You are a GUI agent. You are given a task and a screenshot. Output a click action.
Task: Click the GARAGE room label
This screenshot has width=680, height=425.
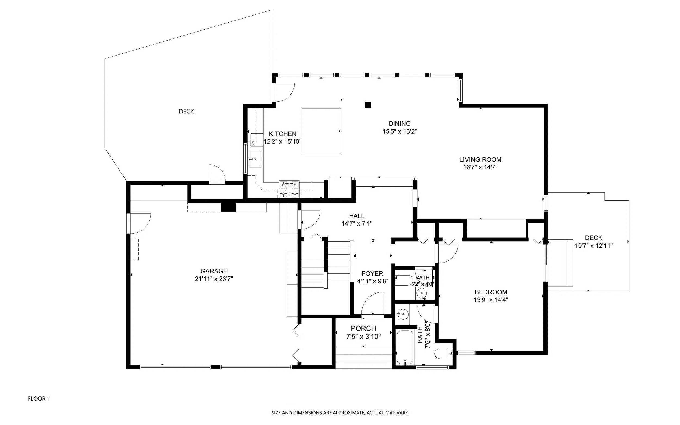pos(214,271)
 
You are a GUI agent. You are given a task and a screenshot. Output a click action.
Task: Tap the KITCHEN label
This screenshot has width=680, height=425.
pos(282,134)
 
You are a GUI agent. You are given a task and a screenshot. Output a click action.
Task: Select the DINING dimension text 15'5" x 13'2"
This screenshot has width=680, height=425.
pos(400,131)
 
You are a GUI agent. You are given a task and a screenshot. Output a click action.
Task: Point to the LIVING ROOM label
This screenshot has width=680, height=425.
pos(481,160)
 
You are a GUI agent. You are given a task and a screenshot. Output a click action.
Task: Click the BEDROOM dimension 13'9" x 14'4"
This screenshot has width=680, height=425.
pos(491,300)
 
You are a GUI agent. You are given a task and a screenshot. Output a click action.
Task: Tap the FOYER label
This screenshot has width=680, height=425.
pos(372,273)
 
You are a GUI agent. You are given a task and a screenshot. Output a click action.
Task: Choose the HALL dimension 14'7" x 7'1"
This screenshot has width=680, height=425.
pos(357,224)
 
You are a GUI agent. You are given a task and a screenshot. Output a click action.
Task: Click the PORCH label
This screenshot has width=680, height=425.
pos(363,328)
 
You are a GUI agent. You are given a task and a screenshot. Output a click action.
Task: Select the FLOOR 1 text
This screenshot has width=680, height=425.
pos(39,399)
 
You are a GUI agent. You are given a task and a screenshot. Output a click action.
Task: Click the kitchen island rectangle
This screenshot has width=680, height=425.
pos(321,131)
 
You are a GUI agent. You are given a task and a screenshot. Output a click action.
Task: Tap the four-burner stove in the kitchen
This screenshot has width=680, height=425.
pos(289,189)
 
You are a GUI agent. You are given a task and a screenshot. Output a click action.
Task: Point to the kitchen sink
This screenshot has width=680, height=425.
pos(255,159)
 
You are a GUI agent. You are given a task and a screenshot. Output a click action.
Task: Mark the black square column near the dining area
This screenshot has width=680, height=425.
pos(368,105)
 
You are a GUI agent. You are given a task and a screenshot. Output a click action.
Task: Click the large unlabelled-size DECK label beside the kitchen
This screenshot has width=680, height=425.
pos(186,112)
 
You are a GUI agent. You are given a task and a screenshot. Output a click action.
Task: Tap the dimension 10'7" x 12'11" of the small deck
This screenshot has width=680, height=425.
pos(594,246)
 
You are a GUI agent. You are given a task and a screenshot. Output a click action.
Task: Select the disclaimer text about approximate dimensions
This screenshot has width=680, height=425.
pos(340,413)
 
